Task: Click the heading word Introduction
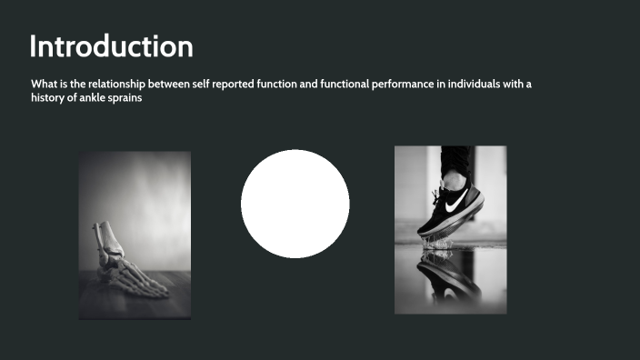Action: click(111, 46)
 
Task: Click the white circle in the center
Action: click(295, 204)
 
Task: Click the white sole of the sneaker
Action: click(453, 224)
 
